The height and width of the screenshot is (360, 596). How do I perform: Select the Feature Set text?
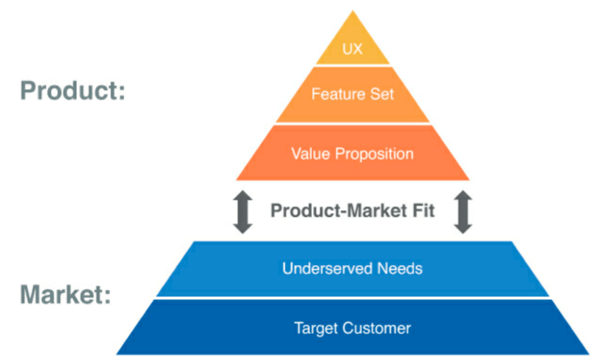pos(352,94)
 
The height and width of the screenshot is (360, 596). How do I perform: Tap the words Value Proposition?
pos(352,153)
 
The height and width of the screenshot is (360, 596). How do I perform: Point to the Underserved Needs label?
pos(352,268)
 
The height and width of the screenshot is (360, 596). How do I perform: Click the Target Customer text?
pos(352,329)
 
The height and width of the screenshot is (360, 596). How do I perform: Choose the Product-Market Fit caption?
pos(352,211)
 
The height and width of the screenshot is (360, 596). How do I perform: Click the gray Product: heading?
pos(73,91)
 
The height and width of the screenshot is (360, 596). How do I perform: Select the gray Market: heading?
pos(66,295)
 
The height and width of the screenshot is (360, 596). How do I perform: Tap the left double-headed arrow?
pos(242,211)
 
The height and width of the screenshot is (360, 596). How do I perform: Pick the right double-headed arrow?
pos(463,211)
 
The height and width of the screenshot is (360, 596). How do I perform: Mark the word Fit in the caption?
pos(423,211)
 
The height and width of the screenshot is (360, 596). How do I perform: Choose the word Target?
pos(316,329)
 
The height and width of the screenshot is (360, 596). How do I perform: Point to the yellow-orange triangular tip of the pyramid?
pos(352,33)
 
